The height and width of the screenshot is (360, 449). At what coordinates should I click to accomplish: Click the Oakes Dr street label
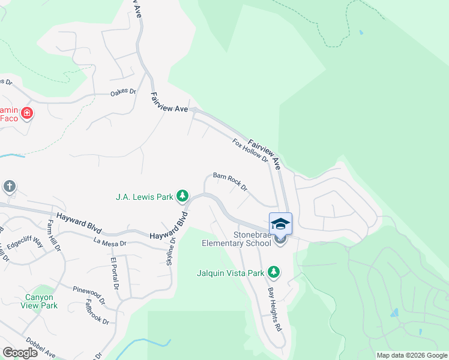click(124, 94)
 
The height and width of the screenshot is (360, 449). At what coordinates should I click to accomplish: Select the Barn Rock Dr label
click(231, 181)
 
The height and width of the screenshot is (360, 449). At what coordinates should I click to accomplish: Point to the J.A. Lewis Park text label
click(144, 196)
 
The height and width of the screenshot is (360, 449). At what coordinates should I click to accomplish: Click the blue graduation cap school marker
click(280, 224)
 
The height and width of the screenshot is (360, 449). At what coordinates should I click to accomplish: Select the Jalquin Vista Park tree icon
click(274, 272)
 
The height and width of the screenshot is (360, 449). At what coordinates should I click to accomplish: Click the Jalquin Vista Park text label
click(231, 273)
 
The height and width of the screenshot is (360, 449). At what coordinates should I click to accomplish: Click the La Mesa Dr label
click(110, 243)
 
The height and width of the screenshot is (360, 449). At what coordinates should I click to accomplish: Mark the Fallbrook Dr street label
click(97, 312)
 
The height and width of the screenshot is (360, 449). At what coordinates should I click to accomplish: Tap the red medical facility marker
click(26, 113)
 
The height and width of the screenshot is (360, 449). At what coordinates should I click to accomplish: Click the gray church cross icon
click(9, 187)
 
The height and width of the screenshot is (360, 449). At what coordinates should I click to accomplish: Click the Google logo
click(20, 353)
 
